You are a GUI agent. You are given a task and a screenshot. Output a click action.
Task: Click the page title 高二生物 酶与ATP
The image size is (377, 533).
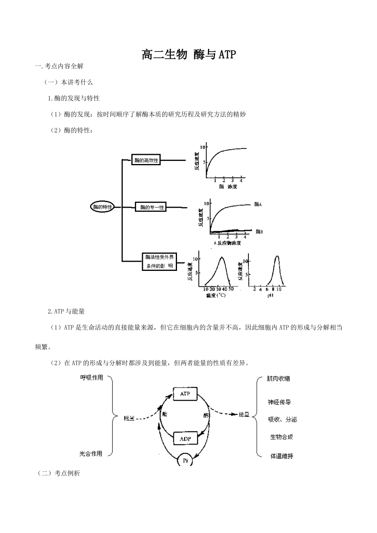point(188,54)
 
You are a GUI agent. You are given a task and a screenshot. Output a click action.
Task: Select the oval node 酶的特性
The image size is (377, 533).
point(102,207)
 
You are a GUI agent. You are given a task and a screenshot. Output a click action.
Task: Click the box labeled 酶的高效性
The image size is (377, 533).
point(146,160)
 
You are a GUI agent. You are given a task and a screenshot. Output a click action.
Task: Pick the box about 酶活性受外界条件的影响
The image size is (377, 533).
point(159,261)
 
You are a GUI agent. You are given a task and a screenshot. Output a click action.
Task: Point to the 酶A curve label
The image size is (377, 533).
point(258,204)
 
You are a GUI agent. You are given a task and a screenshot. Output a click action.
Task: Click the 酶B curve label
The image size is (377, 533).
point(259,231)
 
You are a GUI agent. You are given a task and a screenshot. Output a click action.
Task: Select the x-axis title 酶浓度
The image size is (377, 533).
point(228,187)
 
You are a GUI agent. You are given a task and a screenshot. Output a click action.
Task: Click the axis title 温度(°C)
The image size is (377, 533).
point(215,295)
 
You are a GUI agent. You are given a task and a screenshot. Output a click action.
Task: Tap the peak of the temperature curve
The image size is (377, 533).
point(221,257)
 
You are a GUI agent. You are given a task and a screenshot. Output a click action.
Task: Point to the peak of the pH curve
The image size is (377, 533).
point(277,257)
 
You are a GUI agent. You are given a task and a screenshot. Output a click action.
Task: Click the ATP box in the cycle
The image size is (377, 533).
point(185,394)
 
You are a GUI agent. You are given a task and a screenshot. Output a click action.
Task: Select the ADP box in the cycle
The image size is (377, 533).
point(185,439)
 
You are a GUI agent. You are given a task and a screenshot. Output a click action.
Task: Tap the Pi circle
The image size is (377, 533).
point(185,460)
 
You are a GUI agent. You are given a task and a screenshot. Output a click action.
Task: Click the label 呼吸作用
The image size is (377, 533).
point(92,378)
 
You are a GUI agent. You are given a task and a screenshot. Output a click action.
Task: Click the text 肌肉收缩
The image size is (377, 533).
point(279,379)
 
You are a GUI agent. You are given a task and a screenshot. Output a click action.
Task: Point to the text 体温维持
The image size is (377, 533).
point(282,456)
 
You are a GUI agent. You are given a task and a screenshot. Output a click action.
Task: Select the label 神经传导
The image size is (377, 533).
point(279,402)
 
